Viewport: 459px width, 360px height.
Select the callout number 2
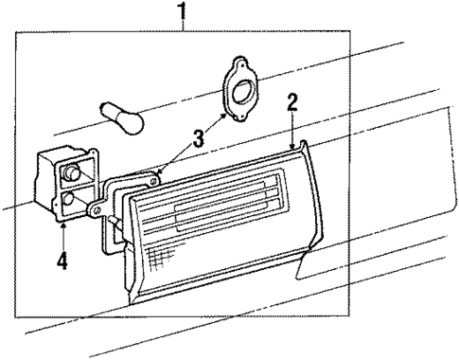click(292, 102)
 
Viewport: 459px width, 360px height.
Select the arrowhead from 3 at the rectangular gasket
click(160, 171)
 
